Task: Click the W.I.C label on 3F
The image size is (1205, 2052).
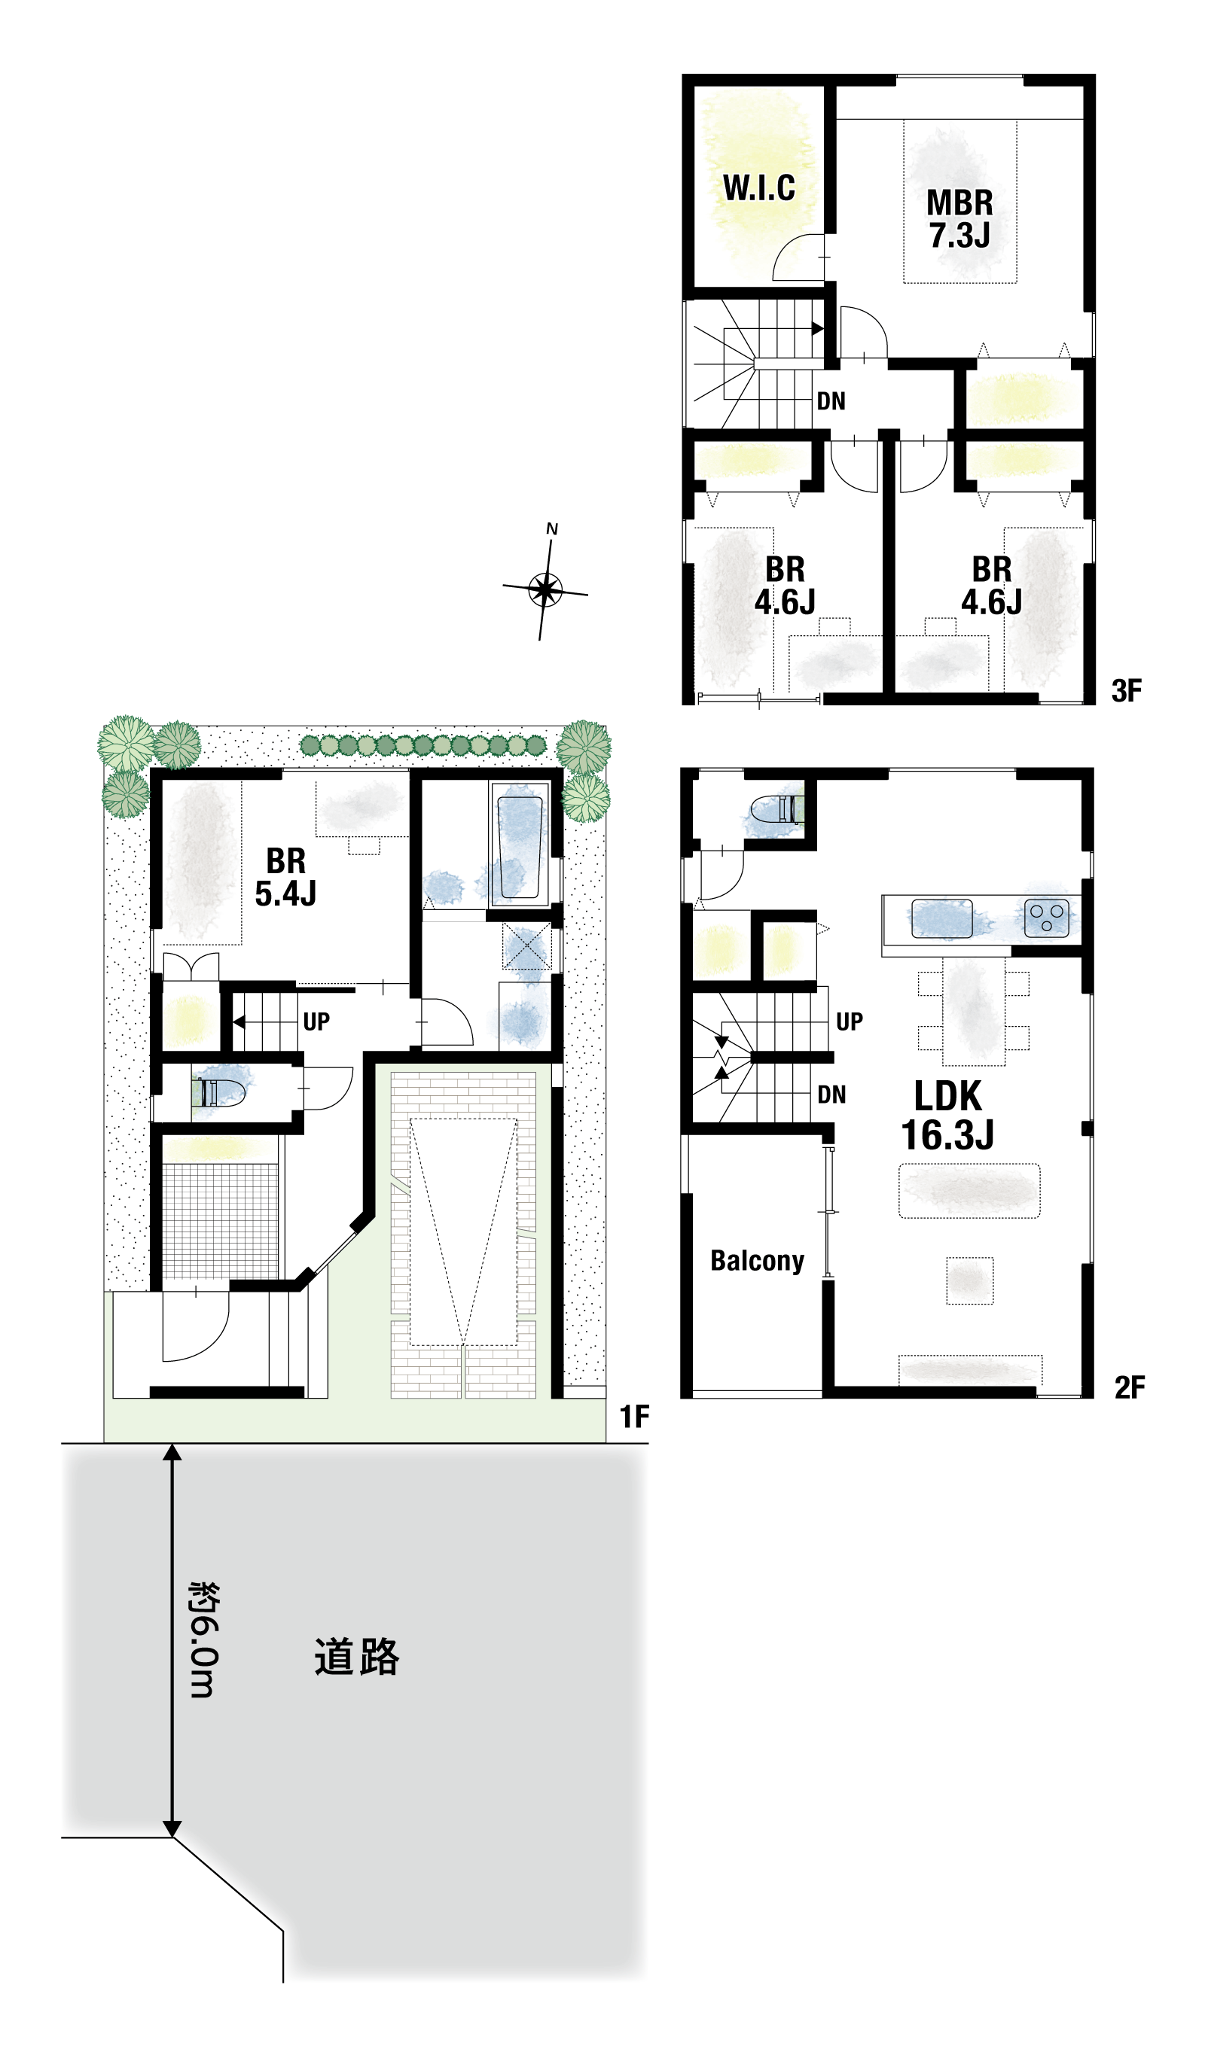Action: tap(758, 188)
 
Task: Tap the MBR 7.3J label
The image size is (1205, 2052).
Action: tap(959, 219)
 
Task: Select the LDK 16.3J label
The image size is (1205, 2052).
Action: tap(947, 1116)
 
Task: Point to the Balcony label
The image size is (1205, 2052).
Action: tap(757, 1261)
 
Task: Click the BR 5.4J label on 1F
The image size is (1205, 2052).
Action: tap(285, 877)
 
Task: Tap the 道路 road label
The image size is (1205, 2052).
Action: tap(357, 1657)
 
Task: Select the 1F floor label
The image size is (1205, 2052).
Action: tap(635, 1417)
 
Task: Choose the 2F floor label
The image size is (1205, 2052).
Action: tap(1129, 1387)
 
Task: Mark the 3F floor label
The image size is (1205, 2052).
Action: tap(1127, 690)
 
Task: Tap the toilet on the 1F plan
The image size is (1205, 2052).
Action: tap(218, 1092)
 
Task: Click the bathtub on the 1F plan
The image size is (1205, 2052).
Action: tap(520, 847)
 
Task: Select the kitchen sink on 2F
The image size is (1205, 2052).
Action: tap(942, 918)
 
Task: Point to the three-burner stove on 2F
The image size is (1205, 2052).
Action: tap(1046, 918)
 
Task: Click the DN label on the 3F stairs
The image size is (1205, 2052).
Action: tap(831, 400)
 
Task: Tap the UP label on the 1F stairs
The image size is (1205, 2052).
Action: tap(316, 1021)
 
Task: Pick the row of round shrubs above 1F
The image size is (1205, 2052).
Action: tap(423, 745)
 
